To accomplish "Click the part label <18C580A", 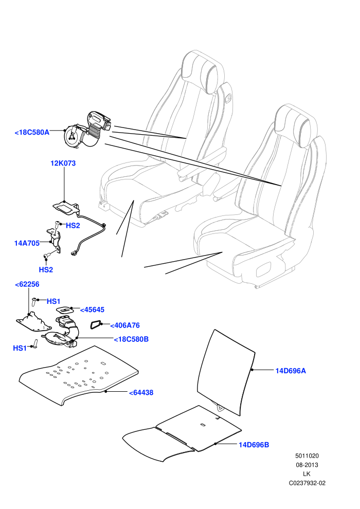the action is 32,132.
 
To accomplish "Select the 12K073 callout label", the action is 63,163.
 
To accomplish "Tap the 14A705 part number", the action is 27,243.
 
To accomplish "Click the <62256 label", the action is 27,284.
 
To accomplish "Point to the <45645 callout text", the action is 92,310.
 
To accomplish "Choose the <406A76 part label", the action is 125,325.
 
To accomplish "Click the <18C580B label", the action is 131,339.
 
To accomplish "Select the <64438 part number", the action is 141,392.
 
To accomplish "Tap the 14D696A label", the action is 291,370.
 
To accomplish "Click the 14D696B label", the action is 254,444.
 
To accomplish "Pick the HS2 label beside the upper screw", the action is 73,225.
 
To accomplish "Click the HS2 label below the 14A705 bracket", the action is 46,269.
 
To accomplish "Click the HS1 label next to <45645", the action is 53,301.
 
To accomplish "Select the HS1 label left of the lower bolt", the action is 20,348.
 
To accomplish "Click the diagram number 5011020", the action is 307,456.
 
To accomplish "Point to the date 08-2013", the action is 307,465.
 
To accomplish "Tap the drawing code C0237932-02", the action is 307,483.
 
